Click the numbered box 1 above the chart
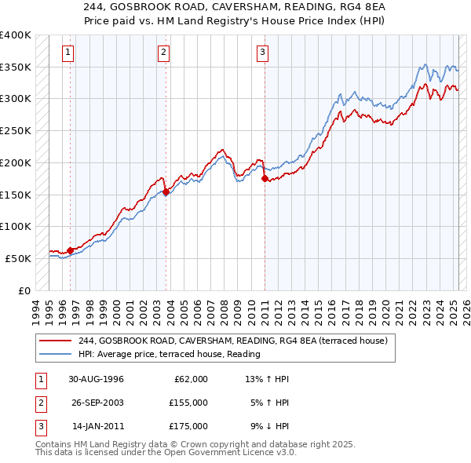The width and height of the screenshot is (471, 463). coord(68,53)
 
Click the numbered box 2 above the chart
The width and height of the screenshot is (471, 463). coord(163,53)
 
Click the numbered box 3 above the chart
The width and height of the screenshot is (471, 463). coord(262,53)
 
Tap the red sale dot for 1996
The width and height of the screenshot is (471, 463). coord(71,250)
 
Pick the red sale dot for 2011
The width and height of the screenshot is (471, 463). coord(265,179)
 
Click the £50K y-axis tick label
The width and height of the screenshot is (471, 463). coord(18,258)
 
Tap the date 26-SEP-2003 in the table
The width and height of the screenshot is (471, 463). coord(96,403)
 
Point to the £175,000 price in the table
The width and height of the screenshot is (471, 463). coord(188,426)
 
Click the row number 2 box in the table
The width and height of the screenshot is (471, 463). coord(39,403)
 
